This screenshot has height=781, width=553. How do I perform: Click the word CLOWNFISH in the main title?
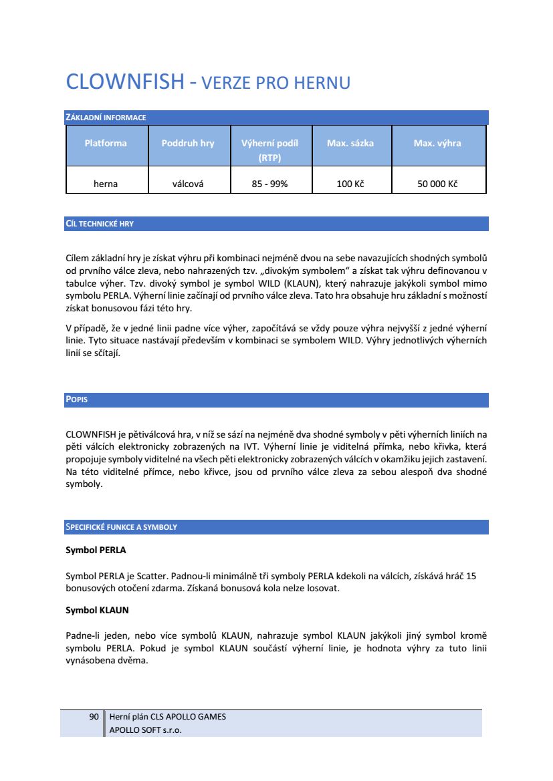[x=124, y=82]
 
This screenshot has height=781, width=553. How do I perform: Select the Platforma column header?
[x=106, y=143]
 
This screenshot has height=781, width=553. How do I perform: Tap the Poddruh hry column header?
[x=188, y=143]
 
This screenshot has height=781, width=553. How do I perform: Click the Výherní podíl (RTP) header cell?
[x=269, y=150]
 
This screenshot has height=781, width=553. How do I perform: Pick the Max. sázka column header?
[x=350, y=143]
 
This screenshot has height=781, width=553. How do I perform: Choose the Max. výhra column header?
[x=437, y=143]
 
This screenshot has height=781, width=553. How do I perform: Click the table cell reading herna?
[x=106, y=184]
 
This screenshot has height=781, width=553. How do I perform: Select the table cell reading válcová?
[x=188, y=184]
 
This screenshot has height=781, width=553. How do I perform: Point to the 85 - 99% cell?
[x=269, y=184]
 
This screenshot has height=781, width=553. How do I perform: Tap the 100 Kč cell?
[x=350, y=184]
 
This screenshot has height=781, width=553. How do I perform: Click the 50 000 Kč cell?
[x=437, y=184]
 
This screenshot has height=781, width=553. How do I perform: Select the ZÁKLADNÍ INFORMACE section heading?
[x=106, y=118]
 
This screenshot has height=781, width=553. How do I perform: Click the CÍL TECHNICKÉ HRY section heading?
[x=100, y=224]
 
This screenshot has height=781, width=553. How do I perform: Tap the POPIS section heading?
[x=77, y=400]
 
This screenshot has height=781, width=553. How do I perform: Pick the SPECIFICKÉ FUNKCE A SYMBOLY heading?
[x=121, y=527]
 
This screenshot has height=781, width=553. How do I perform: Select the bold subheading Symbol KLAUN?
[x=97, y=610]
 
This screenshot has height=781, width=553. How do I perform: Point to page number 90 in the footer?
[x=94, y=717]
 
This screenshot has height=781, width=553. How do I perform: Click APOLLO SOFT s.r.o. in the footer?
[x=145, y=730]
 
